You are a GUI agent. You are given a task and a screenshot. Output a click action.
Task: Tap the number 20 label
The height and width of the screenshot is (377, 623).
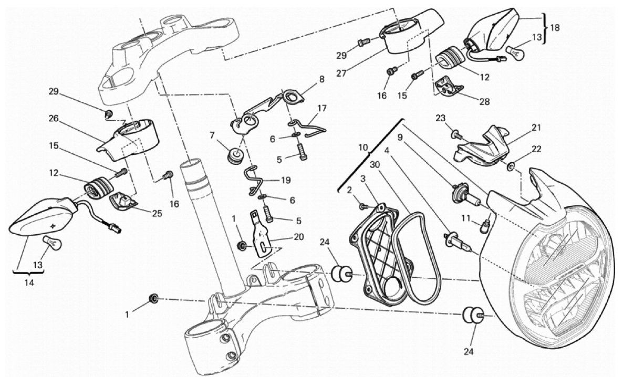299,237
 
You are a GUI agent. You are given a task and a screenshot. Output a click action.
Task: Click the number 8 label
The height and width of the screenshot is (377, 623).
321,79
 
